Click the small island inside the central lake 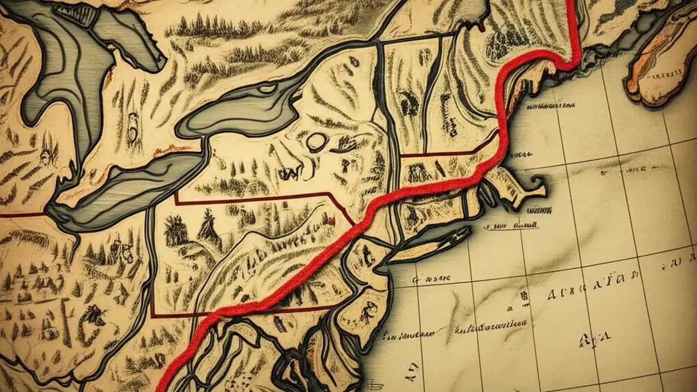point(267,88)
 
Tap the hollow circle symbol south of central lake point(315,142)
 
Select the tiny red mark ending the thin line point(330,220)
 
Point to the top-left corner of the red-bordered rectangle point(175,194)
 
